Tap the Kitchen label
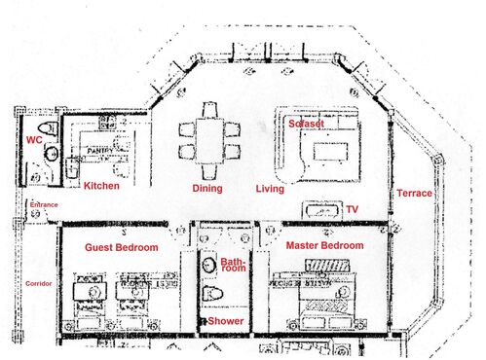click(101, 185)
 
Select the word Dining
click(206, 188)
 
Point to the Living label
click(270, 188)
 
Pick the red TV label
click(352, 209)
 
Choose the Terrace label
click(414, 194)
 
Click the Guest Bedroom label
click(121, 247)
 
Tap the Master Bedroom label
click(324, 245)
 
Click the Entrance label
click(44, 204)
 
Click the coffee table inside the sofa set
click(328, 152)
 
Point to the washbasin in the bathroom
click(208, 263)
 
